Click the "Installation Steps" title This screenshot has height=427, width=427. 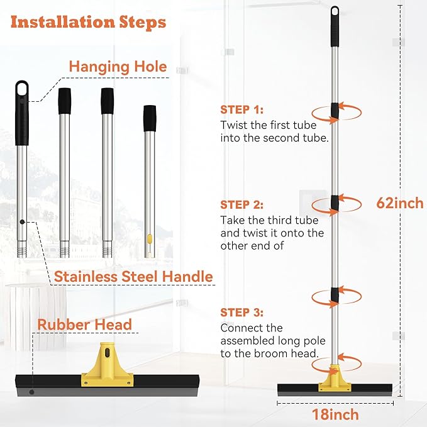[88, 23]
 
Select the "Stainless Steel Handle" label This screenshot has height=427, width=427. [133, 275]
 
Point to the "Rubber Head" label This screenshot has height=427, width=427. [84, 324]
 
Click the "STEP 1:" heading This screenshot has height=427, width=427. [242, 109]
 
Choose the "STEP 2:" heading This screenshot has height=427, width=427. [242, 204]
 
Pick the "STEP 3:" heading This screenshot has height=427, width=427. [242, 312]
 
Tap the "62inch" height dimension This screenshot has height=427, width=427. [399, 203]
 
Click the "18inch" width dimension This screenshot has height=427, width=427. [335, 414]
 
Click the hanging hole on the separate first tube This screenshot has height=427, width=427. [22, 88]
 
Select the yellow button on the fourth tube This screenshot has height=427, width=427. [150, 239]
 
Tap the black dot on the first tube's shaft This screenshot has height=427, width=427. [22, 221]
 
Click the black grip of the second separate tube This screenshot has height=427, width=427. [64, 101]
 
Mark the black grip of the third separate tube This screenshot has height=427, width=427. [108, 101]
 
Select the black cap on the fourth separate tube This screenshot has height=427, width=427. [150, 118]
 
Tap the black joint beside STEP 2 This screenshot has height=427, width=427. [335, 203]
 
